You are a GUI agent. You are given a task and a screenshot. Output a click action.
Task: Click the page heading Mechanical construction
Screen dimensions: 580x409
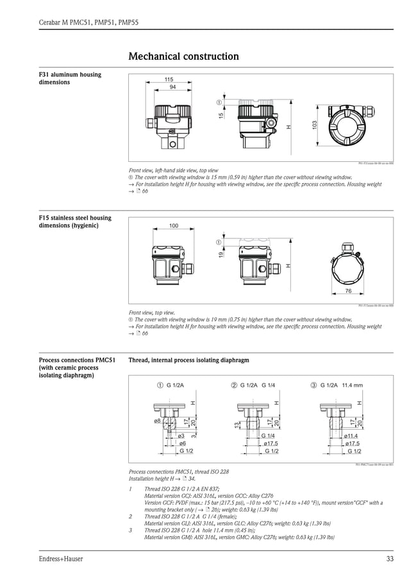point(183,57)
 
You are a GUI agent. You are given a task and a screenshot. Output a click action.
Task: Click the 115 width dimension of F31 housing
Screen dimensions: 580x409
point(168,80)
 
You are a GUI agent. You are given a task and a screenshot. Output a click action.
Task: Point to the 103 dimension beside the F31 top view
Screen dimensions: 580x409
point(314,126)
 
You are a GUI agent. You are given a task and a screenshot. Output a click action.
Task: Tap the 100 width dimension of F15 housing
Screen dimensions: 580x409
point(173,226)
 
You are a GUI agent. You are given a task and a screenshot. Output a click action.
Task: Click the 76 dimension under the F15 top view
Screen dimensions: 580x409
point(348,291)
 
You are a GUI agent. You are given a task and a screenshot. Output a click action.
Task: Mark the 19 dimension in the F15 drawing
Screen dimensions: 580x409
point(221,256)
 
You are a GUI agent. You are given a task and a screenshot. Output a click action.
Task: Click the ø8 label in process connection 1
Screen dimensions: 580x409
point(157,421)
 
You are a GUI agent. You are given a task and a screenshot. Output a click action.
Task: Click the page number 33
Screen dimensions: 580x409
point(390,559)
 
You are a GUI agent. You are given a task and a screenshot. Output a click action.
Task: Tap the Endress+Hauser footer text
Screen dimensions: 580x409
point(61,559)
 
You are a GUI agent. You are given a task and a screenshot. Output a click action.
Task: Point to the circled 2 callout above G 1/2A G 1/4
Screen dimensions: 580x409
point(234,385)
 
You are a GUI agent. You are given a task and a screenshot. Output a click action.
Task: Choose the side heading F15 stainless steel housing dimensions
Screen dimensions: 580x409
point(75,222)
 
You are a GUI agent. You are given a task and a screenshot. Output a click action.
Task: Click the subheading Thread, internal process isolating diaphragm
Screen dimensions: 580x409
point(188,361)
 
